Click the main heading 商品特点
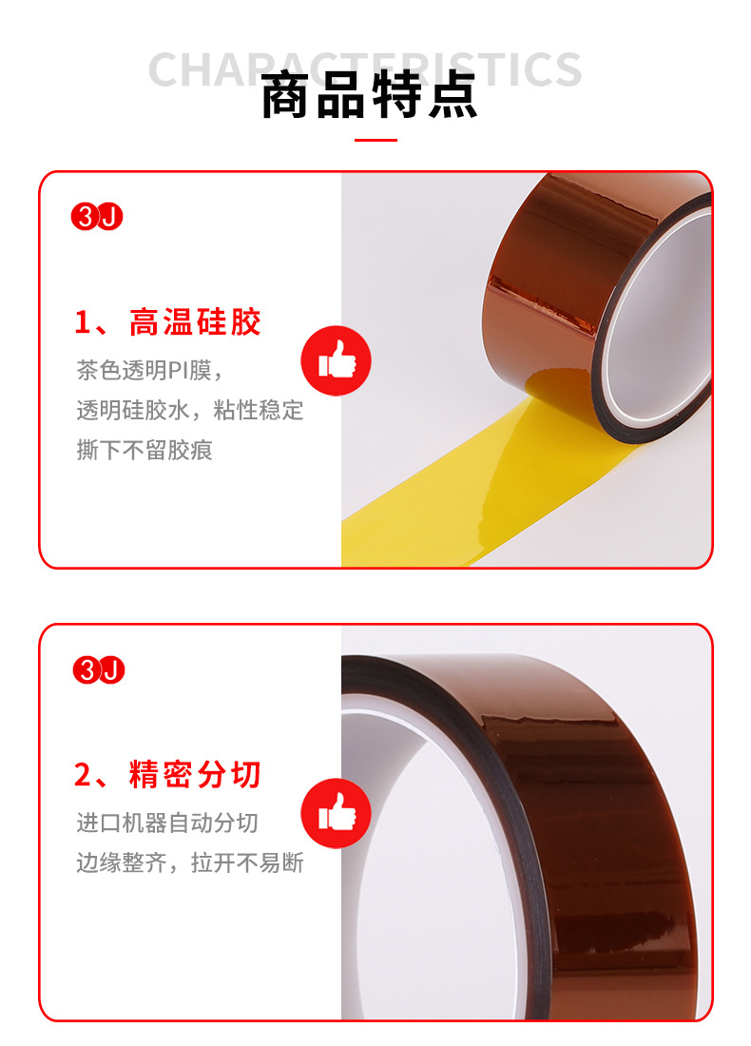369,99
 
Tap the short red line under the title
375,141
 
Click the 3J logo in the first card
98,217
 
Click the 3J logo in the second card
98,670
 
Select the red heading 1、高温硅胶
167,322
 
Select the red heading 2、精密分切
167,775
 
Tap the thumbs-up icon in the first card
336,361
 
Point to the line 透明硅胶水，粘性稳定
190,410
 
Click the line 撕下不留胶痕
144,450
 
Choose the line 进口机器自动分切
167,823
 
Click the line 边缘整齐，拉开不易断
190,862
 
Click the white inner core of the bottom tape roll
418,856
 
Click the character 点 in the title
453,99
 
